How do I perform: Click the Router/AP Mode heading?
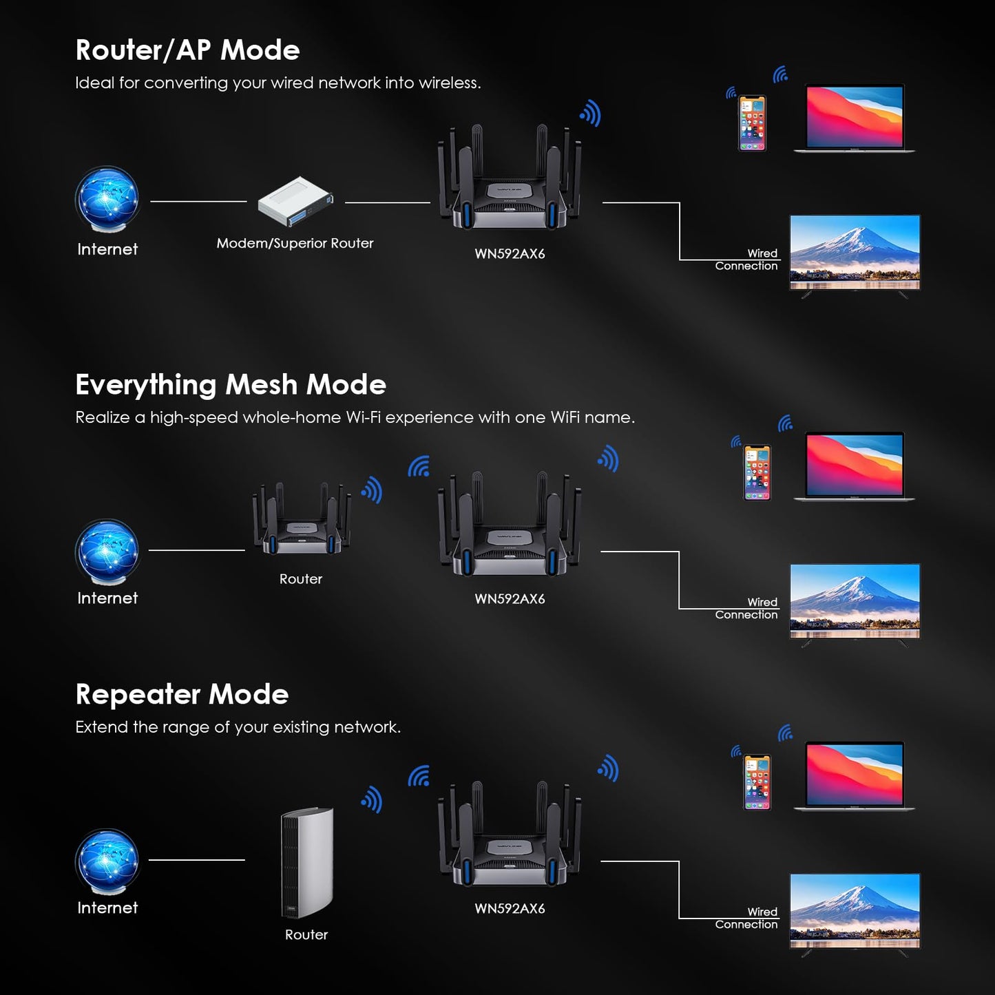[x=187, y=50]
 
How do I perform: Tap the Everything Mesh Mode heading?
[x=231, y=385]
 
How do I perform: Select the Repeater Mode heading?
[x=182, y=695]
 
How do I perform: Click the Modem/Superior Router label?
[x=295, y=243]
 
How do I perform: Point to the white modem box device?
[x=295, y=201]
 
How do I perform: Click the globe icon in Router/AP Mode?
[x=107, y=200]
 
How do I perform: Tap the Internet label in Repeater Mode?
[x=107, y=908]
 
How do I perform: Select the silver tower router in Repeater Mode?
[x=307, y=862]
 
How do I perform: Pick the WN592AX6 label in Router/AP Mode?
[x=510, y=253]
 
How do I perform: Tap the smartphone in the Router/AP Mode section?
[x=752, y=123]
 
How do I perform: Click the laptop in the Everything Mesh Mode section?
[x=854, y=466]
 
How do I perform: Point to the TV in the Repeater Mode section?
[x=855, y=912]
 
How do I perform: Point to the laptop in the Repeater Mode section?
[x=854, y=776]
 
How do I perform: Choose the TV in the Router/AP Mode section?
[x=855, y=253]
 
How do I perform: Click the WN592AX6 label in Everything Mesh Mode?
[x=510, y=599]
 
